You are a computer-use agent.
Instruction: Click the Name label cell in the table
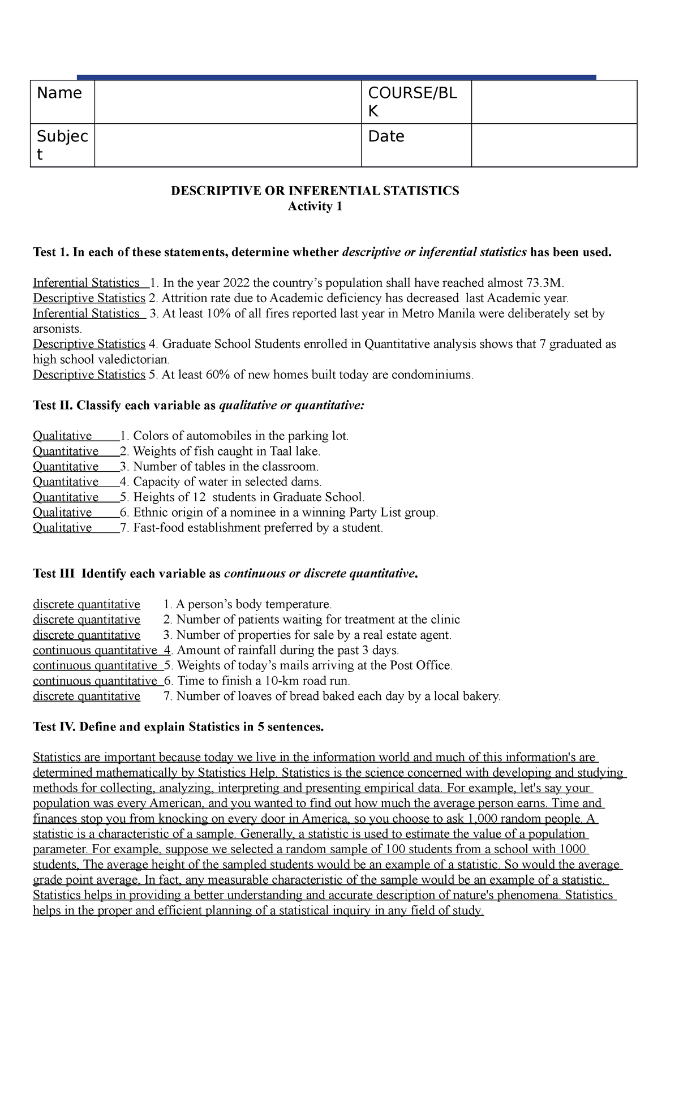pyautogui.click(x=59, y=93)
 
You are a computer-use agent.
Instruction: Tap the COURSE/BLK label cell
pyautogui.click(x=412, y=102)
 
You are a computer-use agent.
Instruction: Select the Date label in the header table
pyautogui.click(x=386, y=136)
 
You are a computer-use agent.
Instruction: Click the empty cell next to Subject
pyautogui.click(x=227, y=145)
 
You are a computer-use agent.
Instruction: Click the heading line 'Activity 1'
pyautogui.click(x=315, y=207)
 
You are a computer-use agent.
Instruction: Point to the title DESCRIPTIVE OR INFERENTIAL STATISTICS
pyautogui.click(x=315, y=191)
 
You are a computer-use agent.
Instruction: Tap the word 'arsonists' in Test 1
pyautogui.click(x=57, y=329)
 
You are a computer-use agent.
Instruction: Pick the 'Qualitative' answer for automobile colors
pyautogui.click(x=62, y=436)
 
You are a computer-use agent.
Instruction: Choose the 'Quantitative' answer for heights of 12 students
pyautogui.click(x=66, y=497)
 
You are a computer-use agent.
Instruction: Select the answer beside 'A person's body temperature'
pyautogui.click(x=87, y=604)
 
